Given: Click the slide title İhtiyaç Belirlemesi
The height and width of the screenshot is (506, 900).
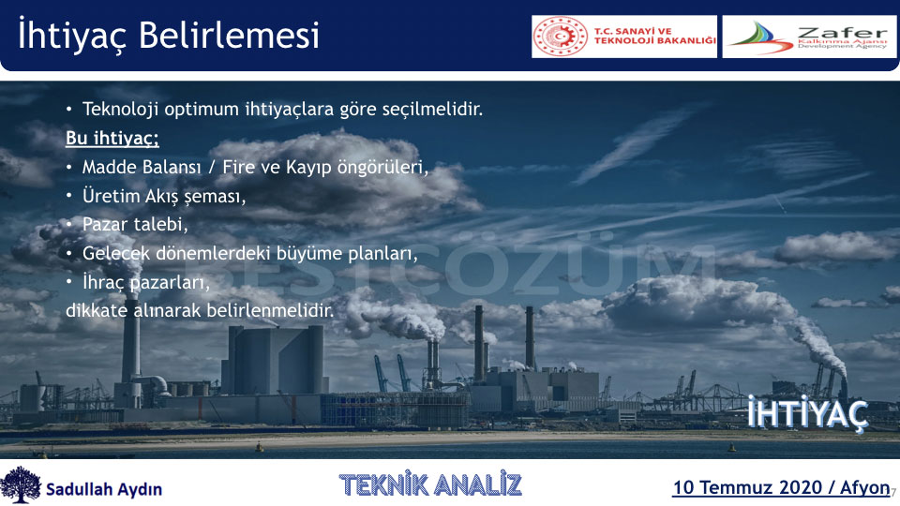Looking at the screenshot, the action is [168, 35].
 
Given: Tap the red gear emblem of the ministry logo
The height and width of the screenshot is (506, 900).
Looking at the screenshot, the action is [561, 37].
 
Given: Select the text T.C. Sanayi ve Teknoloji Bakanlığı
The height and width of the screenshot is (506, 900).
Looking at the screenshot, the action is [654, 37].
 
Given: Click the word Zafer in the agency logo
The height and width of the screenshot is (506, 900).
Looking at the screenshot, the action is [842, 33].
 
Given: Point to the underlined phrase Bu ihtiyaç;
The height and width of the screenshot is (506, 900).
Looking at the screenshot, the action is [112, 139].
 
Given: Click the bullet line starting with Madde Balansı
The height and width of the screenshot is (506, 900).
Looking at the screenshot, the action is [255, 167].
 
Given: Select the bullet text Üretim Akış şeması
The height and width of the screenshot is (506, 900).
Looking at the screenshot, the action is [163, 196].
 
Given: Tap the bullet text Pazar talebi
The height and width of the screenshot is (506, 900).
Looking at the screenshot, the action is [135, 224].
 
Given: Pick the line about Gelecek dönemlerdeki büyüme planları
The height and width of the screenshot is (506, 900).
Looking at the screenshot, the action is [249, 253].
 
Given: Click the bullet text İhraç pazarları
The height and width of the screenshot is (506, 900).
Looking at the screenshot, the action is [146, 282].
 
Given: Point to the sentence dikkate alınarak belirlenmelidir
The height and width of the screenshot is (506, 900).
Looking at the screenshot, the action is [200, 310].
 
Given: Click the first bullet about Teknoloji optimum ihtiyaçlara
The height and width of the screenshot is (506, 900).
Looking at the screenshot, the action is [282, 109].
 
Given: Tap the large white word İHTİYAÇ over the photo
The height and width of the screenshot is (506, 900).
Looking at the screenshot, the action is [807, 413].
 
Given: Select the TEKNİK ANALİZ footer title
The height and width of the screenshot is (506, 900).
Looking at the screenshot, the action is [430, 484].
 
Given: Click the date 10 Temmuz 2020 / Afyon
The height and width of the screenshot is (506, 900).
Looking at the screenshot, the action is [781, 487].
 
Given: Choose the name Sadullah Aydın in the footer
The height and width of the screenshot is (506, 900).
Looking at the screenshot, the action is [104, 489].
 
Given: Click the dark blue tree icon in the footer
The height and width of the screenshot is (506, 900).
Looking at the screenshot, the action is [21, 484].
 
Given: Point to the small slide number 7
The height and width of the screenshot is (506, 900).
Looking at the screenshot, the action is [893, 492].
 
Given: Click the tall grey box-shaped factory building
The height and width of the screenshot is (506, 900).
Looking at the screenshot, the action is [276, 360].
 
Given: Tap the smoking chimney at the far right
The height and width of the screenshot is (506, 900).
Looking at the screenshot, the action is [843, 389].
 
